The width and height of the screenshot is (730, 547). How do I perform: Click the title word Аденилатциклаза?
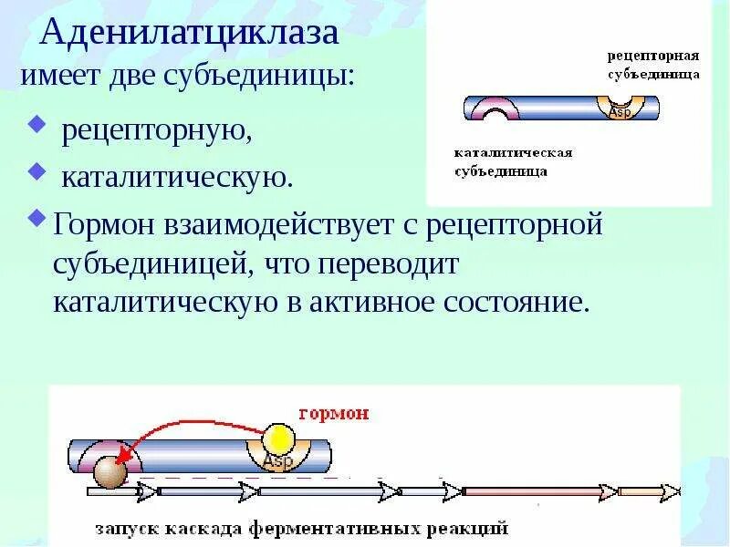(x=190, y=34)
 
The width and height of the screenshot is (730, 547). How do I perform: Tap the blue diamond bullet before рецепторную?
(x=37, y=122)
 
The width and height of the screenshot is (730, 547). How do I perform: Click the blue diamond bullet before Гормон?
(x=37, y=217)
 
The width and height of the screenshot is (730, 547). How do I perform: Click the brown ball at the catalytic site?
(x=110, y=472)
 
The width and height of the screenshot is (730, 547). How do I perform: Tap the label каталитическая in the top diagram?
(x=513, y=152)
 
